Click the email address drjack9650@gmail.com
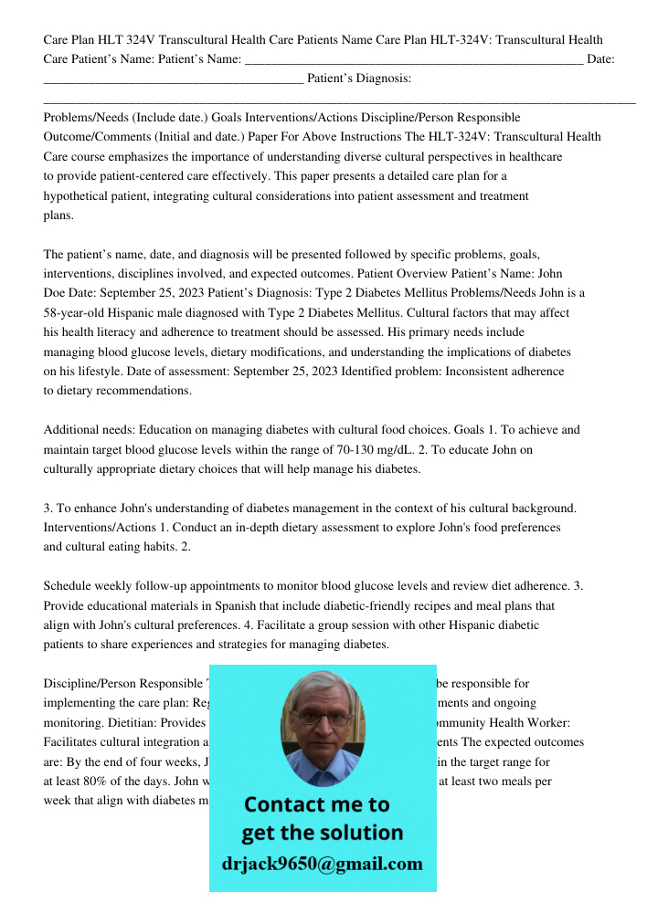323,864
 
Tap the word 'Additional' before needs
70,429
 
